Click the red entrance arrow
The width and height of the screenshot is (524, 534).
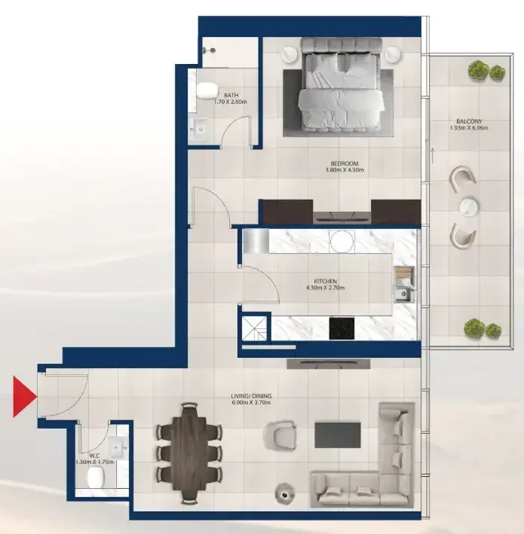24,396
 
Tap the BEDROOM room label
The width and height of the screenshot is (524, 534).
345,163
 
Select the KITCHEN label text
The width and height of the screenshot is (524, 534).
325,281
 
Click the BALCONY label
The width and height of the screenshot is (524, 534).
469,121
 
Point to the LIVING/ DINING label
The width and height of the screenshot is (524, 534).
251,396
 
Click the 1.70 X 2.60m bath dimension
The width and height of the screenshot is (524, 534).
231,102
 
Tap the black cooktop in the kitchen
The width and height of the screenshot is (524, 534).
342,328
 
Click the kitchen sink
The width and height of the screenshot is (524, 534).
404,294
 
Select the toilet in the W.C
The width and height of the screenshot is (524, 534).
96,477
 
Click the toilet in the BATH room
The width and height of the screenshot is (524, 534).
207,90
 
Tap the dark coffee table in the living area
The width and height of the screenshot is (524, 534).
338,435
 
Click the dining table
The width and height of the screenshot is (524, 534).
189,453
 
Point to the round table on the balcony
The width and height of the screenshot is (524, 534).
469,206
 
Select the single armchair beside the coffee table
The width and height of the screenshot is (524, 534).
280,434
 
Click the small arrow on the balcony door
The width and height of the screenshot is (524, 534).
433,156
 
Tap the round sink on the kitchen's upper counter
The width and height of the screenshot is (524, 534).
342,241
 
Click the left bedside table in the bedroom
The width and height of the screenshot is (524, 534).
290,53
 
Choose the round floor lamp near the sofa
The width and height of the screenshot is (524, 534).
285,491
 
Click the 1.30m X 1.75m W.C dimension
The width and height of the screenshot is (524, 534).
94,462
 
